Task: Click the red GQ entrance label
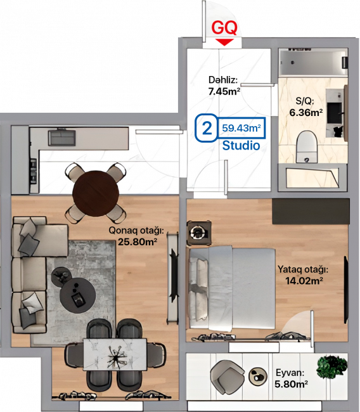pyautogui.click(x=224, y=28)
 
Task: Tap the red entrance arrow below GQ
pyautogui.click(x=224, y=42)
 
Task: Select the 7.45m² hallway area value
pyautogui.click(x=224, y=91)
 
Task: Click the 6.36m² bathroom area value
pyautogui.click(x=306, y=112)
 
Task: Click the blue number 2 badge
pyautogui.click(x=207, y=128)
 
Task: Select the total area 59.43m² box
pyautogui.click(x=241, y=128)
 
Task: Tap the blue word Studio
pyautogui.click(x=241, y=145)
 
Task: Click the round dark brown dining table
pyautogui.click(x=96, y=193)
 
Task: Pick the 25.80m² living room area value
pyautogui.click(x=138, y=241)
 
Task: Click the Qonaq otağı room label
pyautogui.click(x=136, y=231)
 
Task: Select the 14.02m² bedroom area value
pyautogui.click(x=304, y=281)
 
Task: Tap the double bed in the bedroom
pyautogui.click(x=233, y=288)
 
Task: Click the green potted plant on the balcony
pyautogui.click(x=332, y=367)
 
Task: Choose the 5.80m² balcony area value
pyautogui.click(x=291, y=384)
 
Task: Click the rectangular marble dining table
pyautogui.click(x=115, y=354)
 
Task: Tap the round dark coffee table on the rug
pyautogui.click(x=77, y=293)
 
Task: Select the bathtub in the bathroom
pyautogui.click(x=313, y=63)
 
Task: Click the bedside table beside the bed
pyautogui.click(x=199, y=233)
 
